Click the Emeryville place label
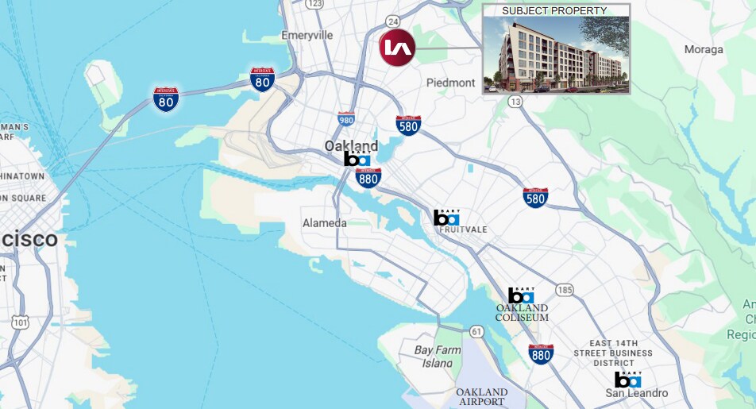pyautogui.click(x=307, y=36)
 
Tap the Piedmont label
pyautogui.click(x=450, y=83)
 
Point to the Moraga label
pyautogui.click(x=704, y=49)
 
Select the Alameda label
pyautogui.click(x=324, y=223)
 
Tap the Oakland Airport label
pyautogui.click(x=481, y=397)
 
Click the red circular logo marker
pyautogui.click(x=397, y=48)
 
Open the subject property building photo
pyautogui.click(x=556, y=54)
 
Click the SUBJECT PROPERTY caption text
pyautogui.click(x=554, y=10)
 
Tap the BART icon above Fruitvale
pyautogui.click(x=446, y=217)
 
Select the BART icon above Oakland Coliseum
pyautogui.click(x=521, y=295)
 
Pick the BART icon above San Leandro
pyautogui.click(x=627, y=379)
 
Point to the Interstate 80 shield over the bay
pyautogui.click(x=166, y=98)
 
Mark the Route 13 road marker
pyautogui.click(x=515, y=101)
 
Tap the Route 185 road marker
pyautogui.click(x=565, y=290)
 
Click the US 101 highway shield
pyautogui.click(x=21, y=322)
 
